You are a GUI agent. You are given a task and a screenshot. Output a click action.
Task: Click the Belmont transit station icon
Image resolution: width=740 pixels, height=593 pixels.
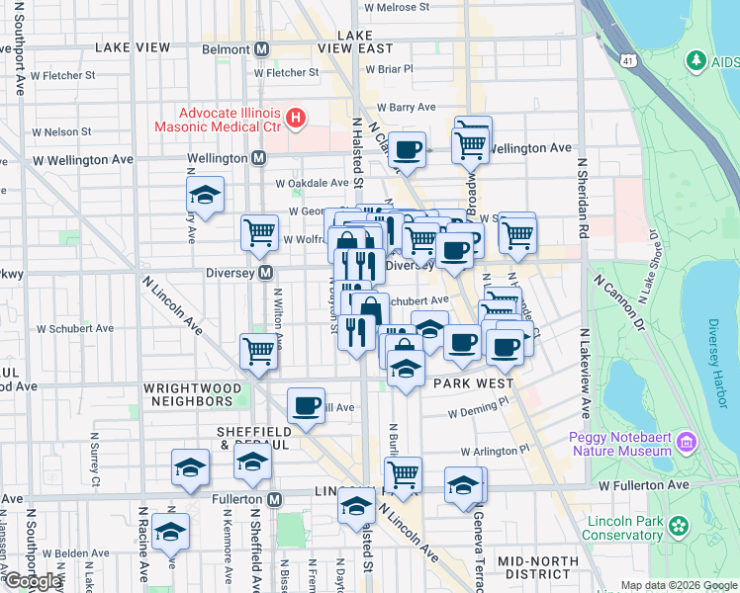(262, 48)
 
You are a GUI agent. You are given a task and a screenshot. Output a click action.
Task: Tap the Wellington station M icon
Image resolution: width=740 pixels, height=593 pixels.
(259, 158)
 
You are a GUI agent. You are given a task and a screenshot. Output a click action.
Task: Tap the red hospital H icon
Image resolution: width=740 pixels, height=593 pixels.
(295, 120)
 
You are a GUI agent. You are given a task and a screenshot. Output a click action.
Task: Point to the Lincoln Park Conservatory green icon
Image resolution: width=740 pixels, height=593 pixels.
(679, 525)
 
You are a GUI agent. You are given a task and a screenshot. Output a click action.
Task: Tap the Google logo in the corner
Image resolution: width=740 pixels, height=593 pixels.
(33, 581)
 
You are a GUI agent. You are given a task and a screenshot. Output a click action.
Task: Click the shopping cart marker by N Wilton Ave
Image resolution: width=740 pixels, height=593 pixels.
(258, 351)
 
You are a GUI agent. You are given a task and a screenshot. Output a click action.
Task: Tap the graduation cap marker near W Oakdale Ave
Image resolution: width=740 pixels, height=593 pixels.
(205, 195)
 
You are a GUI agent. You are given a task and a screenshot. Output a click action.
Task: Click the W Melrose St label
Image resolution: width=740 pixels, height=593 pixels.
(397, 6)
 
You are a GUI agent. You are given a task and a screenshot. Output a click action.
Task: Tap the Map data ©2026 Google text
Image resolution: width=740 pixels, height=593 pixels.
(680, 585)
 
